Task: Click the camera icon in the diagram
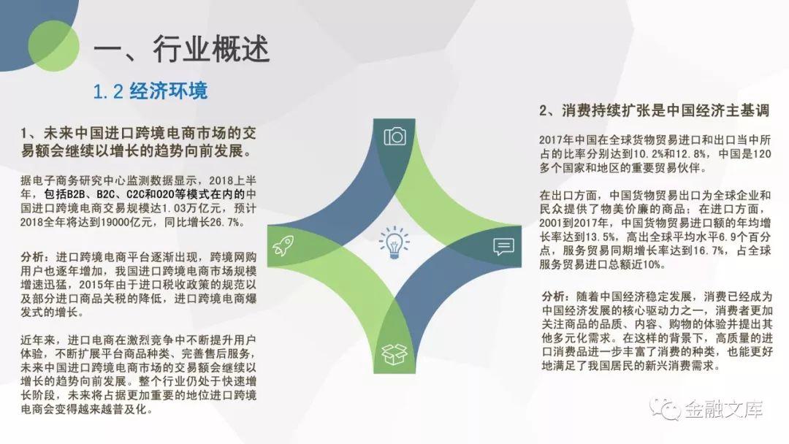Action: point(394,137)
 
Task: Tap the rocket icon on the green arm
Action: point(283,245)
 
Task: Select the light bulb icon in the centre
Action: point(394,242)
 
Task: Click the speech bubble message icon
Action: point(503,246)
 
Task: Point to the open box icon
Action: point(394,354)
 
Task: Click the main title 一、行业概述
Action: point(182,49)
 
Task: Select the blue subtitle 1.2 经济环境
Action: point(150,91)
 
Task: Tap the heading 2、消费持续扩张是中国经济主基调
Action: point(654,110)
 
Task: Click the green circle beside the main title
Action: point(54,46)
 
